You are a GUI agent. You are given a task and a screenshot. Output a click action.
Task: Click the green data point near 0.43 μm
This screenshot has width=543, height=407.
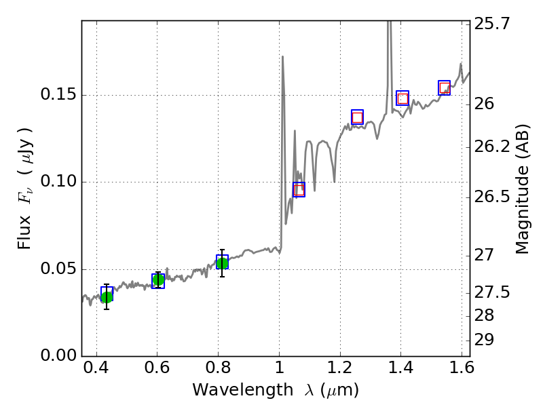107,296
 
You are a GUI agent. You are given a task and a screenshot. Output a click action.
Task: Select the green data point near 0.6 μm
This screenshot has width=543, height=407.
158,279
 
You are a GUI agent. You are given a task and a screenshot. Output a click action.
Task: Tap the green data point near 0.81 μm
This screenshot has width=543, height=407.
222,263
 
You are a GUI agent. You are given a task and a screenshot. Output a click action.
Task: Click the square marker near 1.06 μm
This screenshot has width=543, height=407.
299,189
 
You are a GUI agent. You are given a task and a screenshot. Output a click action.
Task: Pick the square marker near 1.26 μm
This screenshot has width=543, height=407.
357,117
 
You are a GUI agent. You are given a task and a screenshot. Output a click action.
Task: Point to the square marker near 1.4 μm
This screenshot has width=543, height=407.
402,98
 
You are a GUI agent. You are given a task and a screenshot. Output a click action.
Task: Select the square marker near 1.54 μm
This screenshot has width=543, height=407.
445,88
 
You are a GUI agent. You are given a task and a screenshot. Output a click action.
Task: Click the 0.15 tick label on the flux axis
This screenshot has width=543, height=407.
58,95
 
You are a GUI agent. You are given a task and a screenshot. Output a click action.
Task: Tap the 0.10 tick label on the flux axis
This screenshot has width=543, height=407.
58,182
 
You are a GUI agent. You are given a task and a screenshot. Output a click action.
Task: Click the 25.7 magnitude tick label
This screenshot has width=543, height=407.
492,25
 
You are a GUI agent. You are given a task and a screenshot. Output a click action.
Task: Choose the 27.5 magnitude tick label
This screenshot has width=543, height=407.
492,293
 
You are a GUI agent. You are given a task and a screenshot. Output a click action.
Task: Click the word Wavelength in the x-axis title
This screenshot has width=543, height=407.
231,390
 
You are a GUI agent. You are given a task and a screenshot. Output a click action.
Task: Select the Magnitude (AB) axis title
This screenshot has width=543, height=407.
523,192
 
